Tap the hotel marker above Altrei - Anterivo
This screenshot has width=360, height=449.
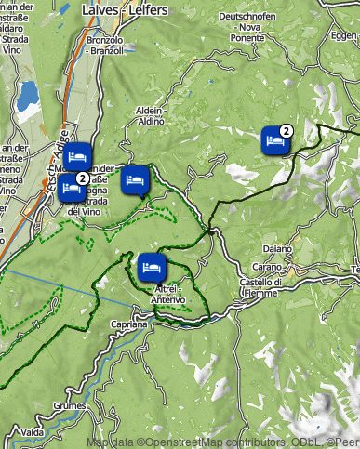coord(151,267)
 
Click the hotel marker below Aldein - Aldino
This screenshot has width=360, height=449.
coord(134,178)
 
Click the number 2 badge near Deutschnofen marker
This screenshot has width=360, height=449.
coord(287,131)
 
